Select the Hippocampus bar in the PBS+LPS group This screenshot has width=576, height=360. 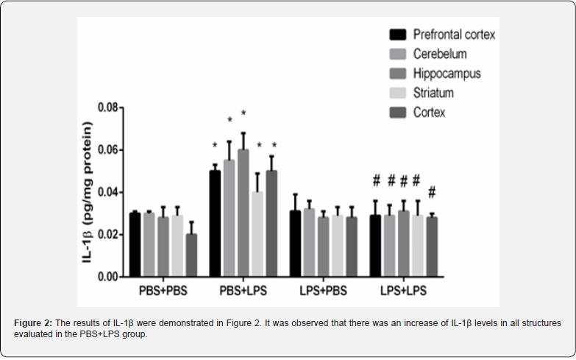243,213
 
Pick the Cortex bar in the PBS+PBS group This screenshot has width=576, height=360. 191,255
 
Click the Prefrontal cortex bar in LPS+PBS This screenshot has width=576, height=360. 295,244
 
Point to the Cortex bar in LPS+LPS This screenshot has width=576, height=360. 431,247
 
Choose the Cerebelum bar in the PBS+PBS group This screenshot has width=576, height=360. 149,244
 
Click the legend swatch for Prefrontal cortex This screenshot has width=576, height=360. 398,35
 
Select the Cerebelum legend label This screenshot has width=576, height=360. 440,54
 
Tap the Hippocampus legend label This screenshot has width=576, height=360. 447,74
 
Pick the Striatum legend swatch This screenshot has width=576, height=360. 398,93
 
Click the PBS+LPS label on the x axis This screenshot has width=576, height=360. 243,290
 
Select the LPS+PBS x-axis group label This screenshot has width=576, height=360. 323,290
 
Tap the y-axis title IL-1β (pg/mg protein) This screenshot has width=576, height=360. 89,191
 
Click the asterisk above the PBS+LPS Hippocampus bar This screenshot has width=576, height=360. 243,114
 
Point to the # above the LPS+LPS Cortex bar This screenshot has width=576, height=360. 432,192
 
